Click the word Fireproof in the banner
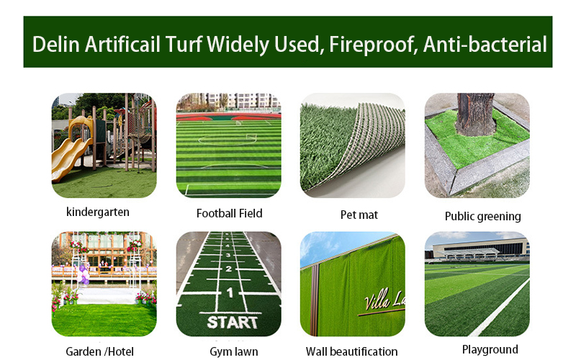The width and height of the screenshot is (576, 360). (374, 45)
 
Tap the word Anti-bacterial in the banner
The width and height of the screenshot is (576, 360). (485, 45)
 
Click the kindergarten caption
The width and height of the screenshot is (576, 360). (98, 212)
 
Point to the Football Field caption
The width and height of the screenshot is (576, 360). (229, 213)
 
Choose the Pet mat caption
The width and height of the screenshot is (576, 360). (359, 215)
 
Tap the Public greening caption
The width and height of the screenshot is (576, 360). (482, 217)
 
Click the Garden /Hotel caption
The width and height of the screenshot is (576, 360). (99, 351)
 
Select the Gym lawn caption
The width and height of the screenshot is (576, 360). (233, 351)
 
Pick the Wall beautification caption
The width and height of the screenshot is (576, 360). (351, 351)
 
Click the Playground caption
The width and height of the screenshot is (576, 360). (490, 349)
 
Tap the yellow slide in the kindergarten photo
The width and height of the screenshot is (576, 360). (71, 149)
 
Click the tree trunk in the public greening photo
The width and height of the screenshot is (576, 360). (475, 114)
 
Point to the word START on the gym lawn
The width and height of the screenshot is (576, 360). (232, 323)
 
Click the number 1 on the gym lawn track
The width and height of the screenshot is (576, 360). (230, 292)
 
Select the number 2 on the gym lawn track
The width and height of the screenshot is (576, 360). (228, 269)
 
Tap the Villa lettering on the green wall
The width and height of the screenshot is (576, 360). (377, 300)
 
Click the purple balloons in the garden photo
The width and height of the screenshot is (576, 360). (84, 275)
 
